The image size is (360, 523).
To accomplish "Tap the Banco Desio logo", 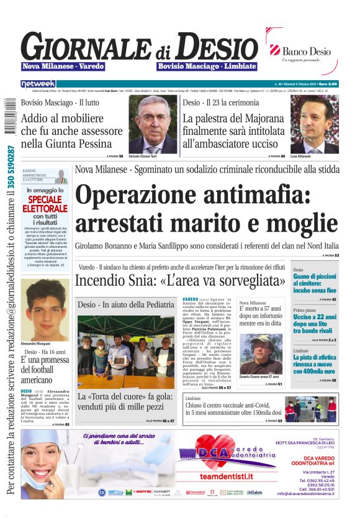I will (300, 53).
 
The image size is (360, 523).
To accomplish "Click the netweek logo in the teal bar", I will (38, 83).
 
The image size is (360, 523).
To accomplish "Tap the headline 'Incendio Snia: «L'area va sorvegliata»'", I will (181, 281).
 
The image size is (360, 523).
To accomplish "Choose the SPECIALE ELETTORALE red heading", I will (45, 204).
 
